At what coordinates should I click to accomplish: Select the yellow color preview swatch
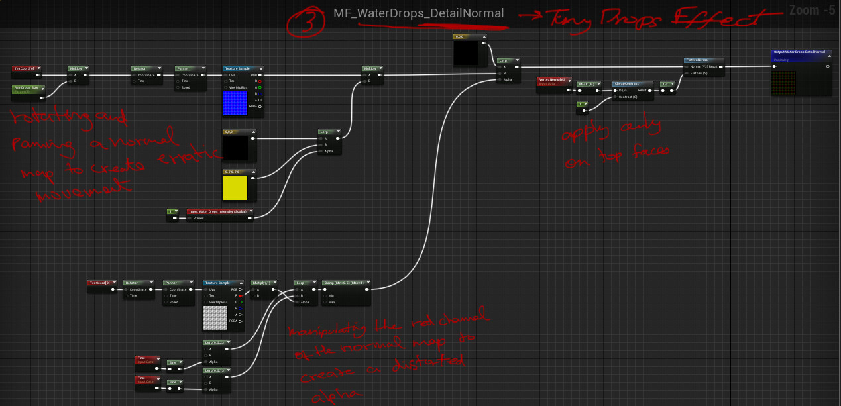(236, 188)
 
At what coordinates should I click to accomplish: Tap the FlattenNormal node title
(703, 60)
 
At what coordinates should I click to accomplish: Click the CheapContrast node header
(632, 83)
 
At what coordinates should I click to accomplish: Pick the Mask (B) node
(587, 84)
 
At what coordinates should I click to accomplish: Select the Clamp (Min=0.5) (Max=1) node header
(345, 282)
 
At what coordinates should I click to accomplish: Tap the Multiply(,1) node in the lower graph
(262, 282)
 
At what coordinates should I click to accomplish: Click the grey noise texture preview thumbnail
(215, 317)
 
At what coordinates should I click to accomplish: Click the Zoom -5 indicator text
(812, 10)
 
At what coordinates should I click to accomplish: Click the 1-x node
(667, 84)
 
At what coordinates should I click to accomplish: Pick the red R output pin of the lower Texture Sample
(241, 295)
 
